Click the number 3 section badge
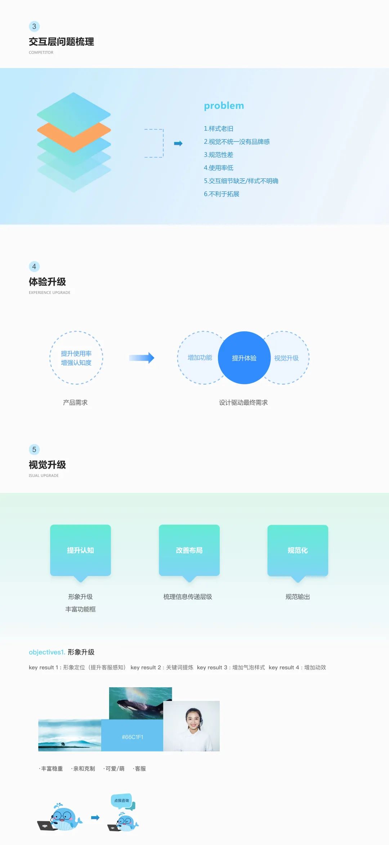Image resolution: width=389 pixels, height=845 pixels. pyautogui.click(x=34, y=26)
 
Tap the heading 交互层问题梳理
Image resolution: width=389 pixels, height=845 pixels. pyautogui.click(x=61, y=42)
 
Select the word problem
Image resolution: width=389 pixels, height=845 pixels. pyautogui.click(x=224, y=106)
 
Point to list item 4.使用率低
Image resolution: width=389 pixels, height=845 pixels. pyautogui.click(x=219, y=168)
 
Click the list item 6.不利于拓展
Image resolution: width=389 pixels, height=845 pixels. pyautogui.click(x=222, y=194)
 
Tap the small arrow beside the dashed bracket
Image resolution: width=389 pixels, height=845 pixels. pyautogui.click(x=178, y=143)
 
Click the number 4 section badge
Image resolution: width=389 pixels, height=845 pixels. pyautogui.click(x=34, y=267)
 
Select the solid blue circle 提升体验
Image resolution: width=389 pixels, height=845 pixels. pyautogui.click(x=244, y=358)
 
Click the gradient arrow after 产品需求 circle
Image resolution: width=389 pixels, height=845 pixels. pyautogui.click(x=142, y=358)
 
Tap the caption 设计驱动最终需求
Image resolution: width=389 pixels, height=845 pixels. pyautogui.click(x=243, y=403)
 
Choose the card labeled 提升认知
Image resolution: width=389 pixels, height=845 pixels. pyautogui.click(x=80, y=550)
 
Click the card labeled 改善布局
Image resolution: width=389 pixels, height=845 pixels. pyautogui.click(x=189, y=550)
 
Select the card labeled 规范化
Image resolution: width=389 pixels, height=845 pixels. pyautogui.click(x=298, y=550)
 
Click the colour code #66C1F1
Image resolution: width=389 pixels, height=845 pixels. pyautogui.click(x=133, y=737)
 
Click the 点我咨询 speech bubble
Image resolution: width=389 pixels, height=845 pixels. pyautogui.click(x=122, y=801)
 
